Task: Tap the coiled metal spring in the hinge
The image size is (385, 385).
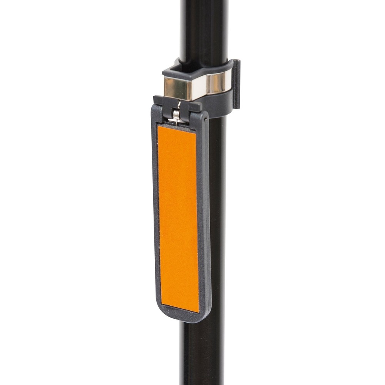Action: point(176,114)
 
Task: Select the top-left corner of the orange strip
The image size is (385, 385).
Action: point(158,126)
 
